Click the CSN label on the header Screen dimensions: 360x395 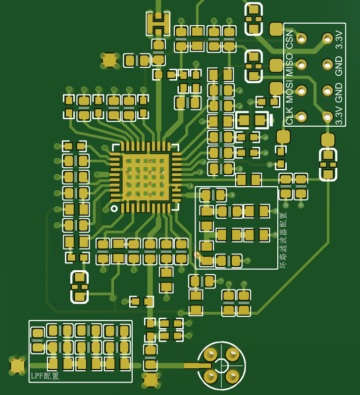[x=289, y=40]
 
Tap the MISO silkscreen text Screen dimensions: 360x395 [x=289, y=64]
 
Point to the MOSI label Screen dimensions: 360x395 [x=289, y=92]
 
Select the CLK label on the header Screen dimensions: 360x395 [x=289, y=116]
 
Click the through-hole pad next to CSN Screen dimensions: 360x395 [x=301, y=39]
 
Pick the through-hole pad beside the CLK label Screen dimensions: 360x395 [x=301, y=117]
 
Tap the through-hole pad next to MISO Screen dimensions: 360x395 [x=301, y=65]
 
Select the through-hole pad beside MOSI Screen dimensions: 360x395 [x=301, y=91]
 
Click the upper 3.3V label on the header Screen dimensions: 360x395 [x=339, y=40]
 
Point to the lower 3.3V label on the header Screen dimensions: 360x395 [x=339, y=116]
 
